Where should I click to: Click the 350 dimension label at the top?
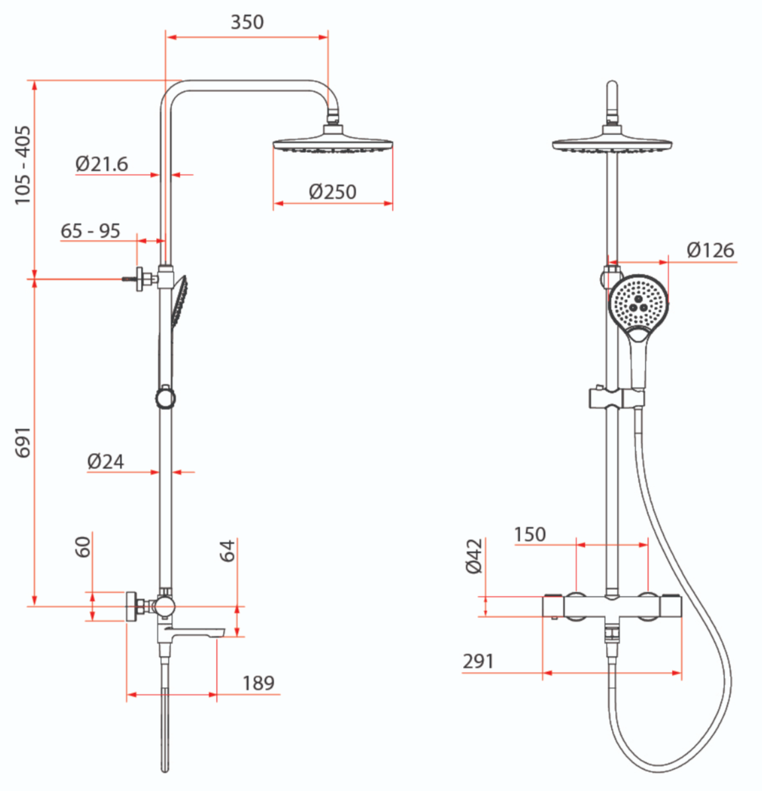(x=247, y=22)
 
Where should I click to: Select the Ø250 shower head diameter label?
(x=332, y=192)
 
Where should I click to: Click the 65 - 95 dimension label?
(x=91, y=230)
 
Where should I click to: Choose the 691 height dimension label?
(x=22, y=442)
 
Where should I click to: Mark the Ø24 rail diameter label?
(x=105, y=461)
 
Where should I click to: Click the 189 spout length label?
(x=258, y=683)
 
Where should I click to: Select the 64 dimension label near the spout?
(x=227, y=550)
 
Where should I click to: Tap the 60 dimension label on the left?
(x=83, y=547)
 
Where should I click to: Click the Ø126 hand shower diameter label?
(x=710, y=249)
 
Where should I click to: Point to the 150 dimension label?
(x=530, y=534)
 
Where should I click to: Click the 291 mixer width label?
(x=478, y=661)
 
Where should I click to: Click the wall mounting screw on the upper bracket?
(x=130, y=279)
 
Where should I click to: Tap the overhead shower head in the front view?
(x=614, y=144)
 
